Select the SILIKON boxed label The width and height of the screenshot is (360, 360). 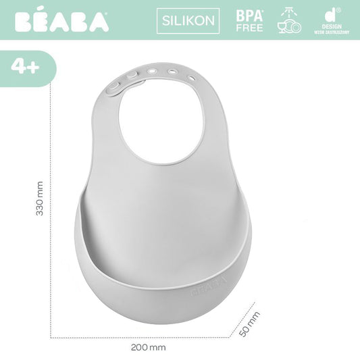tap(188, 20)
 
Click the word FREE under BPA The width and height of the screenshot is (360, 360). tap(249, 28)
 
